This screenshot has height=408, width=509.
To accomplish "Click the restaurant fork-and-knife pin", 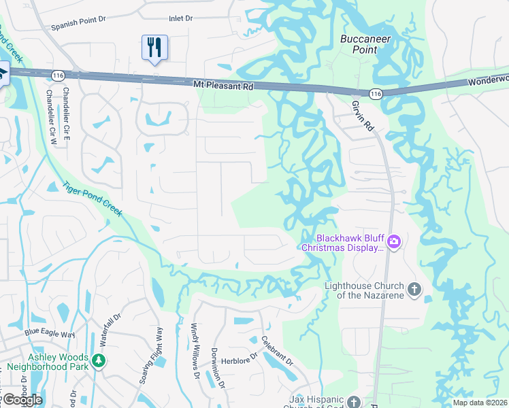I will [x=154, y=47].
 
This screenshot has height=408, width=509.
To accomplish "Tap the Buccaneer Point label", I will [x=365, y=44].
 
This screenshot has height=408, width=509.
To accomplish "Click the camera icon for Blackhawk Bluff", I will [x=393, y=241].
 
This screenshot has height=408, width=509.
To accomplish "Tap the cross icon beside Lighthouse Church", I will [x=414, y=290].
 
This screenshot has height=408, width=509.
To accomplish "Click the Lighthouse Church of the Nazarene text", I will [x=364, y=290].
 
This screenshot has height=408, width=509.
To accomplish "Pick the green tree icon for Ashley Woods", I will [x=99, y=360].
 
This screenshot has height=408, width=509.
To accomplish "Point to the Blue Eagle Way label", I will [x=50, y=333].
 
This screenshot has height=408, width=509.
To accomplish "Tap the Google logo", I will [x=22, y=399].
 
